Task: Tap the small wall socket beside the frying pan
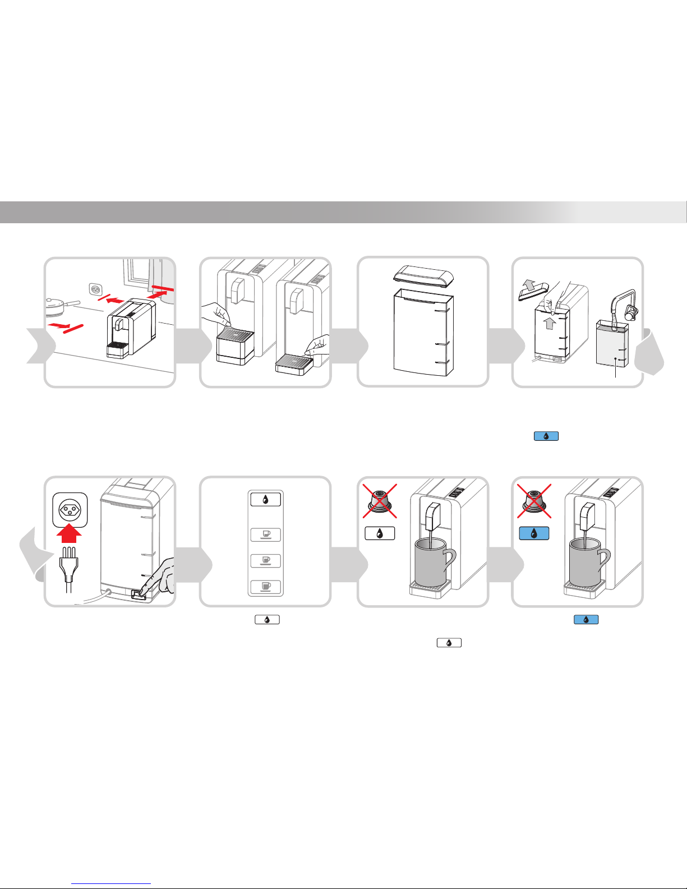[x=95, y=291]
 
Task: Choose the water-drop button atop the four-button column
[x=265, y=499]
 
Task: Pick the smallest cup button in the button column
[x=265, y=535]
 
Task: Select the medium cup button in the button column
[x=265, y=560]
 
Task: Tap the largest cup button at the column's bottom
[x=265, y=587]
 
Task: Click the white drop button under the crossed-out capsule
[x=380, y=533]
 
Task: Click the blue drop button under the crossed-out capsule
[x=534, y=533]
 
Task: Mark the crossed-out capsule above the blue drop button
[x=534, y=500]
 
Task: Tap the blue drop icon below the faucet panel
[x=546, y=436]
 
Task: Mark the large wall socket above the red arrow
[x=70, y=509]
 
